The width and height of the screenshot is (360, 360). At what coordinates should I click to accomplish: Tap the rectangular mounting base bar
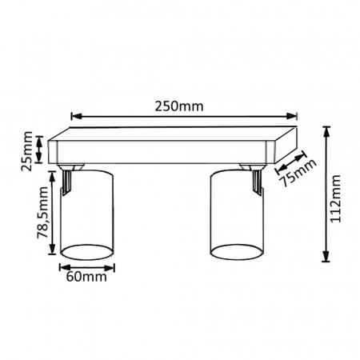coord(168,148)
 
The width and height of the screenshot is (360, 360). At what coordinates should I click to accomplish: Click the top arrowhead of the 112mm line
coord(326,128)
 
